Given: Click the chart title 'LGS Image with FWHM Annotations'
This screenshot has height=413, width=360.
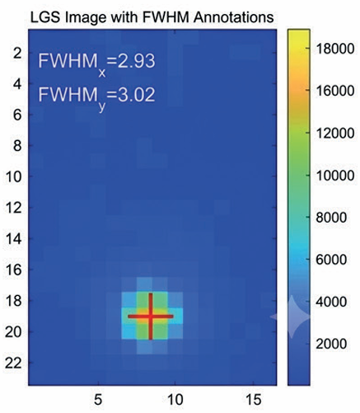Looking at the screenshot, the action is click(x=152, y=17).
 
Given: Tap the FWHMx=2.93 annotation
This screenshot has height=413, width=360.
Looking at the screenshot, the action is click(x=96, y=63).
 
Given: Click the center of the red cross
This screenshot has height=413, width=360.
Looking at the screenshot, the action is click(x=151, y=317).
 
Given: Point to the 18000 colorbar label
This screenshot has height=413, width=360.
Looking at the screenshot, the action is click(x=335, y=49).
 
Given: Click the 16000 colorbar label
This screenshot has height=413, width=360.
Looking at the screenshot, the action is click(x=335, y=91).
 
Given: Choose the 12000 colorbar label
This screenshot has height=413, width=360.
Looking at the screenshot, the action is click(x=335, y=134).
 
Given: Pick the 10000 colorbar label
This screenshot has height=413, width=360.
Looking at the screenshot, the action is click(x=335, y=176).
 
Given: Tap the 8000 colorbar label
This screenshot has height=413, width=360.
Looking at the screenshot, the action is click(x=331, y=218).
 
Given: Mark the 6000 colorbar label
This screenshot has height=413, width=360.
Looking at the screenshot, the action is click(x=331, y=260).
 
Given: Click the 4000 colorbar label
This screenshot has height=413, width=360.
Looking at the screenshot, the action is click(x=331, y=302).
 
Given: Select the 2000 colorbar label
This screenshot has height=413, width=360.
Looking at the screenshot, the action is click(x=331, y=344).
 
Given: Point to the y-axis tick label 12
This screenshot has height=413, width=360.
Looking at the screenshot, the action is click(x=13, y=208).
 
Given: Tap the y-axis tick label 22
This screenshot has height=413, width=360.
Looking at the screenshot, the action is click(x=13, y=364).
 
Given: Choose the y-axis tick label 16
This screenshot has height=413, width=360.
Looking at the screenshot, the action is click(x=13, y=270).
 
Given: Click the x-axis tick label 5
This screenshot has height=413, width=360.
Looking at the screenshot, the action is click(x=98, y=400).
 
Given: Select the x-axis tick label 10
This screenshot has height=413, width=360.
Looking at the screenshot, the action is click(x=175, y=400).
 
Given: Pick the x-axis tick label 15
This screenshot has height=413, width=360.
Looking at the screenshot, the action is click(x=253, y=400).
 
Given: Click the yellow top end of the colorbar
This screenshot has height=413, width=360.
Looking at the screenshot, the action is click(x=299, y=31).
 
